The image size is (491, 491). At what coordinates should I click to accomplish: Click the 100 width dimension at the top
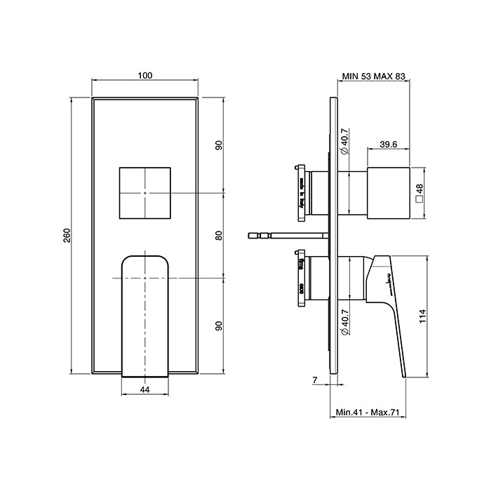tap(145, 76)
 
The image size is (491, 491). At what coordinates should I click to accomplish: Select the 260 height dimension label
tap(67, 236)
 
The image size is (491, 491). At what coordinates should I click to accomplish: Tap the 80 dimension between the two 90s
tap(219, 235)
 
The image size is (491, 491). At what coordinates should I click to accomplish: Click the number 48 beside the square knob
tap(419, 189)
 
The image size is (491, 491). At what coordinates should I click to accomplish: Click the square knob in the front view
tap(144, 192)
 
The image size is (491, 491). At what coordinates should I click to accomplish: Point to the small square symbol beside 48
tap(419, 200)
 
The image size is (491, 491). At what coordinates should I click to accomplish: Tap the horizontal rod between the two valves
tap(288, 235)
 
